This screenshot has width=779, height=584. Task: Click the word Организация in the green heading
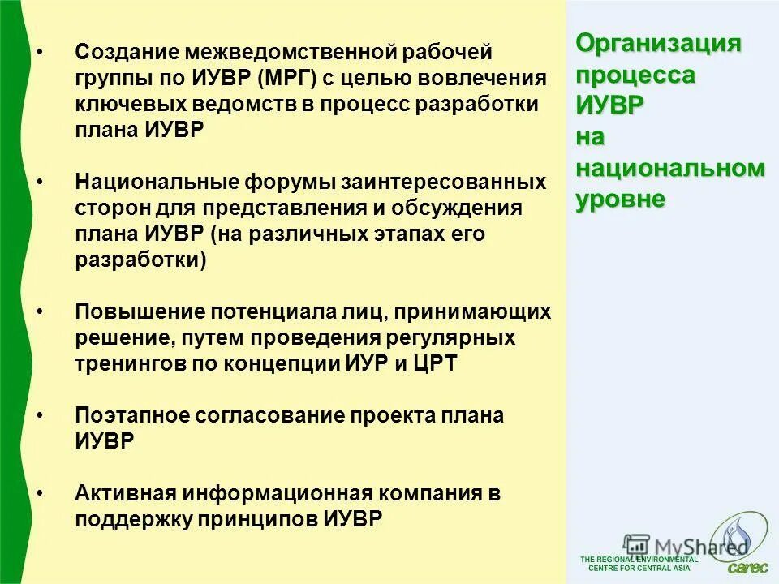click(x=659, y=44)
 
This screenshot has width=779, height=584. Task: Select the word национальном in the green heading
click(x=670, y=169)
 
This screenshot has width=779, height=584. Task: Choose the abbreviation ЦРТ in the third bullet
click(x=436, y=363)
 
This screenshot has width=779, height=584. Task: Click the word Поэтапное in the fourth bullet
click(x=131, y=415)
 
